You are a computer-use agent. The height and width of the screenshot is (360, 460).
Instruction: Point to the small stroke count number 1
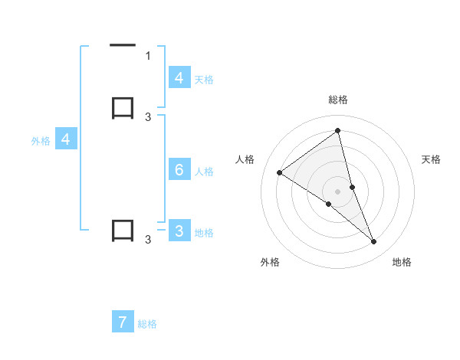coord(148,55)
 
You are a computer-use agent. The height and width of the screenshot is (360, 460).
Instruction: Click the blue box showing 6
coord(179,170)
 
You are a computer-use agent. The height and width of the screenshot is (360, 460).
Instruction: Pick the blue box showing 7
coord(123,322)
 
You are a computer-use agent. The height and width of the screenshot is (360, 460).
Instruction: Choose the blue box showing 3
coord(179,231)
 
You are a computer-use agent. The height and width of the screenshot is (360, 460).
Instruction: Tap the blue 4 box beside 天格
coord(179,78)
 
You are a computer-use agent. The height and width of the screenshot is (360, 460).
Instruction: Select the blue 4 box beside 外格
coord(66,139)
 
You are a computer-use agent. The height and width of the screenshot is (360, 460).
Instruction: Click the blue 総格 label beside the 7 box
coord(147,324)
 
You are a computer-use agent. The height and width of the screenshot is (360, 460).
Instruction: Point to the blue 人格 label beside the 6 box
coord(205,171)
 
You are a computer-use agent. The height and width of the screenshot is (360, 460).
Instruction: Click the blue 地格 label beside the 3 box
coord(205,233)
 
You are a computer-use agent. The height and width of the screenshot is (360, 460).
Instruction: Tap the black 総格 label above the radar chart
coord(338,100)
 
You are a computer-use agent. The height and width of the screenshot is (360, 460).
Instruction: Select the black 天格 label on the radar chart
coord(432,159)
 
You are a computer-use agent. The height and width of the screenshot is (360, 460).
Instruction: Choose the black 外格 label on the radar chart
coord(270,262)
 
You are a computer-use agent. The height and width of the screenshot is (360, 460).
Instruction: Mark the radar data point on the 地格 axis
coord(374,242)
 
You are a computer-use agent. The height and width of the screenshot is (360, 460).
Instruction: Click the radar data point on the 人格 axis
coord(279,172)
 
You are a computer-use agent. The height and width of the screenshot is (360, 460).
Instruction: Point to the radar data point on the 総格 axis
coord(338,131)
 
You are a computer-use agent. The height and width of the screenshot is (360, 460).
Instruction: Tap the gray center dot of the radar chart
coord(338,191)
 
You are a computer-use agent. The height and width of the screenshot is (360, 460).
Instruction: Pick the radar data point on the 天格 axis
coord(352,187)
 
